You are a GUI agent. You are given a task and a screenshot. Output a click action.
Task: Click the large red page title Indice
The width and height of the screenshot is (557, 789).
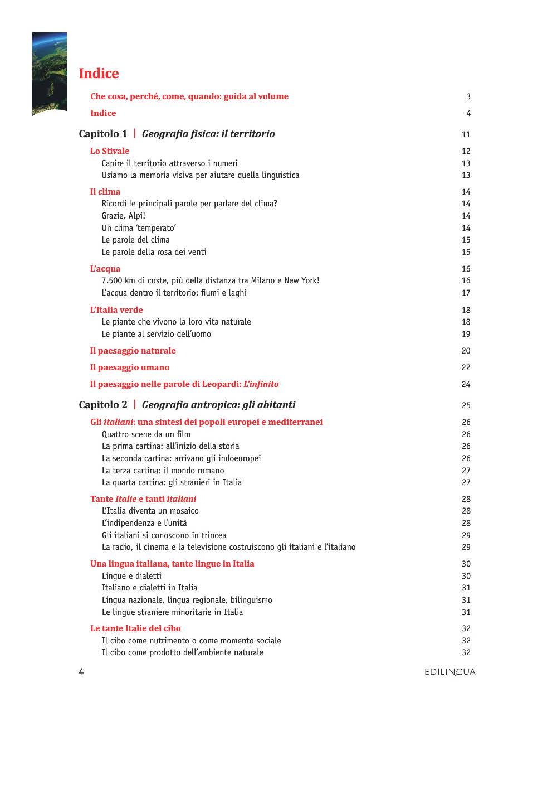point(99,74)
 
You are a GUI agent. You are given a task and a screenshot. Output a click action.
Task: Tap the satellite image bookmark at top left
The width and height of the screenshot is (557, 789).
point(50,74)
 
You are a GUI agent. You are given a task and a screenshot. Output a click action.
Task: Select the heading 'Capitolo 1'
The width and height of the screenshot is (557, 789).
point(103,134)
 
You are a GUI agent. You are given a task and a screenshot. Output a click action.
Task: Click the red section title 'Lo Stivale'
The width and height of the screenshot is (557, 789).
point(110,151)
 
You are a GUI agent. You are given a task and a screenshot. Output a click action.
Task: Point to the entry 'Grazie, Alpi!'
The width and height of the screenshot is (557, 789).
point(123,216)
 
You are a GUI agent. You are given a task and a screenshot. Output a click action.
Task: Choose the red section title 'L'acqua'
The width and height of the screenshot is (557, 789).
point(105,269)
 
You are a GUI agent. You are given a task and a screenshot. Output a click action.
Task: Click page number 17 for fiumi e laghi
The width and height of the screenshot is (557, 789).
point(466,293)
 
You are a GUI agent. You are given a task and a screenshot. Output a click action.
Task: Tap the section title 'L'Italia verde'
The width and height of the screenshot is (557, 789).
point(116,310)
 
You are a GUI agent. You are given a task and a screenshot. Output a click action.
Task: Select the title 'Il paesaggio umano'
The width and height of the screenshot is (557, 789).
point(130,367)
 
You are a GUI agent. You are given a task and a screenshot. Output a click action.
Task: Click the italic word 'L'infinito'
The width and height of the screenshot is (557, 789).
point(261,384)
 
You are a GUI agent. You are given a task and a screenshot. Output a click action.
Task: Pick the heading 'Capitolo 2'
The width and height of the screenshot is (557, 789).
point(103,405)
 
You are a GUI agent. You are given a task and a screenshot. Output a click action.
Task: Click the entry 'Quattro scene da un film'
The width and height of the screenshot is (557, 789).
point(146,434)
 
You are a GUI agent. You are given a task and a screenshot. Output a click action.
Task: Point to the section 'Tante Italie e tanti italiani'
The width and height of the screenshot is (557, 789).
point(143,499)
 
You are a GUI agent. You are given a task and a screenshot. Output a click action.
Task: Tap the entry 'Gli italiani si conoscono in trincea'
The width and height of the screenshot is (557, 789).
point(164,535)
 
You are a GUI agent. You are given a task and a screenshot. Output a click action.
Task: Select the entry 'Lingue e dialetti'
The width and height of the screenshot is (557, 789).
point(131,576)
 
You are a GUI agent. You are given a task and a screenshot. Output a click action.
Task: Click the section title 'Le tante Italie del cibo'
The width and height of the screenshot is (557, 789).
point(135,628)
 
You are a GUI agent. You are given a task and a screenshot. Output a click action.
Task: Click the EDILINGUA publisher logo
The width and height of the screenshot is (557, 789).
point(449,672)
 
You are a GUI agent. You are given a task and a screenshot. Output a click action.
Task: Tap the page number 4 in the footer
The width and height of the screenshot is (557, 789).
point(81,672)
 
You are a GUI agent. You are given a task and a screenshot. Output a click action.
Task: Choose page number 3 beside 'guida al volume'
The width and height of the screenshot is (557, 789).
point(468,96)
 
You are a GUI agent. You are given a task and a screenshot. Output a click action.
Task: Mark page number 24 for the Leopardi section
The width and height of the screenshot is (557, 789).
point(466,384)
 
